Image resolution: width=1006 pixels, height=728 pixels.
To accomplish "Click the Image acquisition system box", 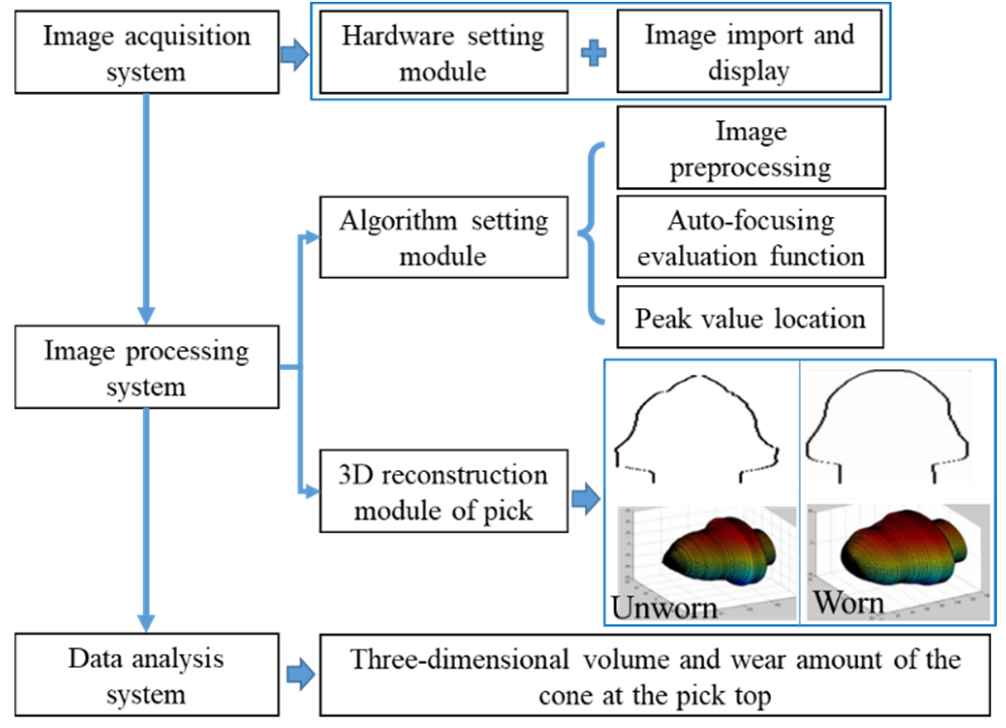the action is coord(146,52).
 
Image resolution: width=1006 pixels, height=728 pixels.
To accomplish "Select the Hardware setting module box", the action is coord(443,52).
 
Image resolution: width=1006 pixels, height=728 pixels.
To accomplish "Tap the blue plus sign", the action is coord(593,52).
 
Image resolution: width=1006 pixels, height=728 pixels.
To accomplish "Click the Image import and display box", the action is coord(749,51).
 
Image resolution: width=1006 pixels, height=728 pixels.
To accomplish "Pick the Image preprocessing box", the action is coord(751,148).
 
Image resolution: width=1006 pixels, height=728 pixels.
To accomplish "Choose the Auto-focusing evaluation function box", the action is coord(751,237).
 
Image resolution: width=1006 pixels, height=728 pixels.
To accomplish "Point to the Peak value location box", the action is coord(750,317).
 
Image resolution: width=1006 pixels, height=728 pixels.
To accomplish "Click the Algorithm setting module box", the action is coord(443,237).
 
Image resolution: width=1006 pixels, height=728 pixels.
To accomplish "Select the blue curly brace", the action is coord(591,232).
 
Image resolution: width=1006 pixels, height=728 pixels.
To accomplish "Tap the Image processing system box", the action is coord(146,367).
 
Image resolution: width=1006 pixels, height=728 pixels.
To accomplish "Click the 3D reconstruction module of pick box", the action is coord(443,491).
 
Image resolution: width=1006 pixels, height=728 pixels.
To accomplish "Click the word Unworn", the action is coord(664,607).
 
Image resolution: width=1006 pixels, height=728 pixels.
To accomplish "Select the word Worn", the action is coord(848,603).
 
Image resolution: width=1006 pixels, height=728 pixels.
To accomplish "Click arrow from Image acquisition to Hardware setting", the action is coord(294,53).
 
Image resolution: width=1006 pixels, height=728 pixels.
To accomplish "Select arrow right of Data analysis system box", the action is coord(300,674).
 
